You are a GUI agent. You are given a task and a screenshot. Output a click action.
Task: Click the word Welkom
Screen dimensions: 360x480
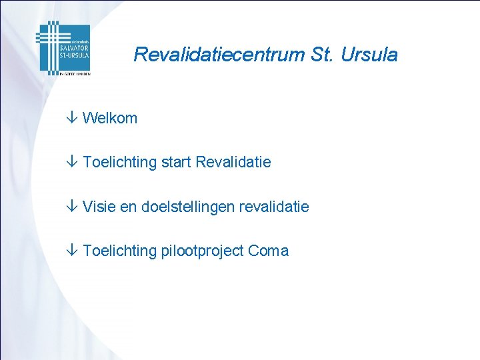click(x=110, y=119)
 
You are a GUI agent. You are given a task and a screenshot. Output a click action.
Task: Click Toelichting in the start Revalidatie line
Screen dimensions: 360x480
click(x=120, y=163)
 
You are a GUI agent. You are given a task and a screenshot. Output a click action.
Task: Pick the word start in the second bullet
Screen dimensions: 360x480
click(x=177, y=163)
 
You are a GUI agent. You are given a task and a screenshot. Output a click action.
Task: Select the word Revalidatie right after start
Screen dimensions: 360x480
click(x=233, y=163)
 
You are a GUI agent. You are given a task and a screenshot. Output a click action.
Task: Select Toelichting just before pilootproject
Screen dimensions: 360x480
click(x=120, y=251)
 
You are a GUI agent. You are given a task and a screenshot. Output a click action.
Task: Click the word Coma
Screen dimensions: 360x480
click(x=268, y=251)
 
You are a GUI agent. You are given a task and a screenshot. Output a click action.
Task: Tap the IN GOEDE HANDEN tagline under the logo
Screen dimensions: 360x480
click(x=73, y=73)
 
